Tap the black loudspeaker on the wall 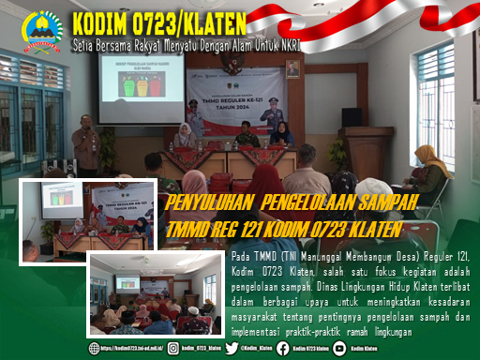352,117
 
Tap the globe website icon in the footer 95,348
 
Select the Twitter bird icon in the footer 232,348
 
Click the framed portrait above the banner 292,68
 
